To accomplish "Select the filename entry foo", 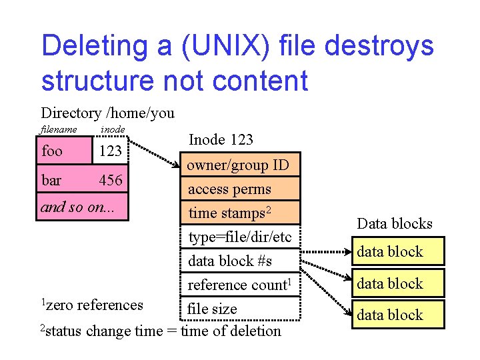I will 52,151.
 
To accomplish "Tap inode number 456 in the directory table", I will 110,181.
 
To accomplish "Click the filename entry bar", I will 51,181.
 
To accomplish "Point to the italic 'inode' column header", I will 112,129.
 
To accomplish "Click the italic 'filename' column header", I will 59,129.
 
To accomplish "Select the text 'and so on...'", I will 78,207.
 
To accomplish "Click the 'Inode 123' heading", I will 221,139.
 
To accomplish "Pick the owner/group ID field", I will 238,165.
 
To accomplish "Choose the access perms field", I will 229,189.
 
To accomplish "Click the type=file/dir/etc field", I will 240,237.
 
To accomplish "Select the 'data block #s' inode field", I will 230,261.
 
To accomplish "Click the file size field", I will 212,309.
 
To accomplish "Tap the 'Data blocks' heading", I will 395,223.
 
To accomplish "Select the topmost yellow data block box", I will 398,252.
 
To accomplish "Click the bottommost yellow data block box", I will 398,315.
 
